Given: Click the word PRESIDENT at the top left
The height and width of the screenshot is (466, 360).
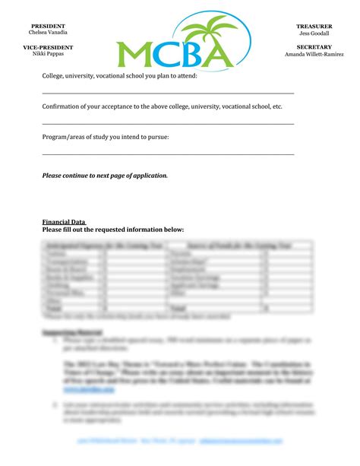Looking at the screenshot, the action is tap(47, 26).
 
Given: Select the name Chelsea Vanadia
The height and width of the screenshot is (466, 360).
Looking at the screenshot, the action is tap(47, 33).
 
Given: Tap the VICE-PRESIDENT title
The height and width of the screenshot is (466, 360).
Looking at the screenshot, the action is tap(47, 47).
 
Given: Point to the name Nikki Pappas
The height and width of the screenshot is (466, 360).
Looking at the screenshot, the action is tap(47, 55).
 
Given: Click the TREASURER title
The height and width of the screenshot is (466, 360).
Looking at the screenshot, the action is tap(314, 26).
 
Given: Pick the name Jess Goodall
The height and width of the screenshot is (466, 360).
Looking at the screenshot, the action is tap(314, 33).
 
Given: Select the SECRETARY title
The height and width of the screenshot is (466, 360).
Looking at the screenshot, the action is tap(314, 47).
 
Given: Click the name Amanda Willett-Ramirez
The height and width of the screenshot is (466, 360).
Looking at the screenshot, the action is tap(314, 55).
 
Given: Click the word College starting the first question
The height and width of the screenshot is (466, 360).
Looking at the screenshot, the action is tap(53, 76).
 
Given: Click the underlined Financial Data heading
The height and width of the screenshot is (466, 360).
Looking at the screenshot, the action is tap(63, 221).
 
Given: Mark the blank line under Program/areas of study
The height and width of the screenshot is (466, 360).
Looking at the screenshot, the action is tap(168, 154).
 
